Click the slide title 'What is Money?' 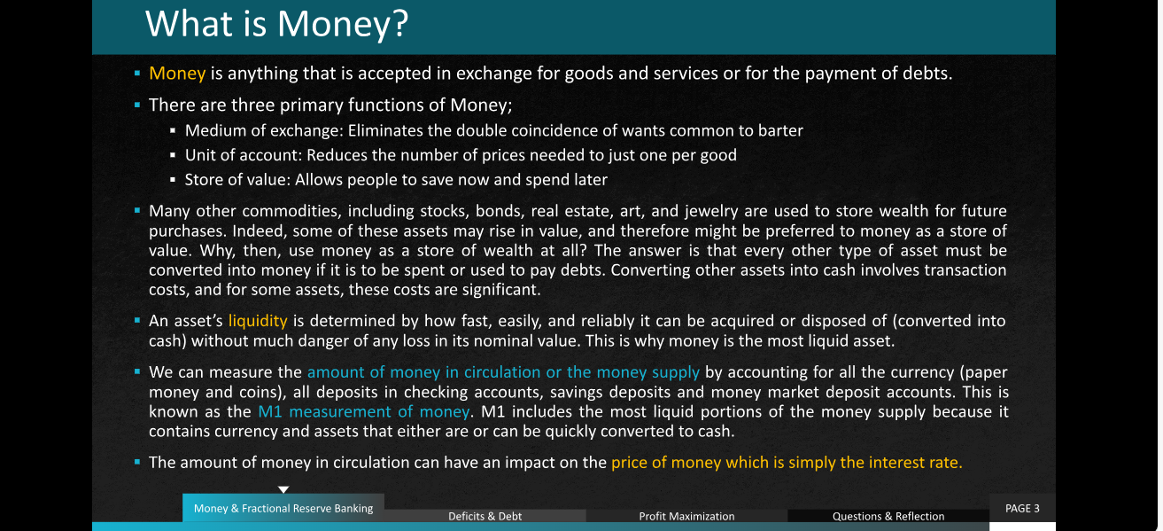point(276,24)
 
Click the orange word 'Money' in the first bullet point(177,74)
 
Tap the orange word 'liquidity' point(258,321)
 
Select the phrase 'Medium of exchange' point(264,130)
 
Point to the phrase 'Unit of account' point(243,155)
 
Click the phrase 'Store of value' point(237,180)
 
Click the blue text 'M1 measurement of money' point(363,411)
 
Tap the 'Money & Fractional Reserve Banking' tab point(283,508)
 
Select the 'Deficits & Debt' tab point(485,516)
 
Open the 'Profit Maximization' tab point(686,516)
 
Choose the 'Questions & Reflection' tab point(888,516)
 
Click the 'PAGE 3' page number point(1022,508)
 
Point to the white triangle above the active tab point(283,489)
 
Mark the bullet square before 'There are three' point(137,105)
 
